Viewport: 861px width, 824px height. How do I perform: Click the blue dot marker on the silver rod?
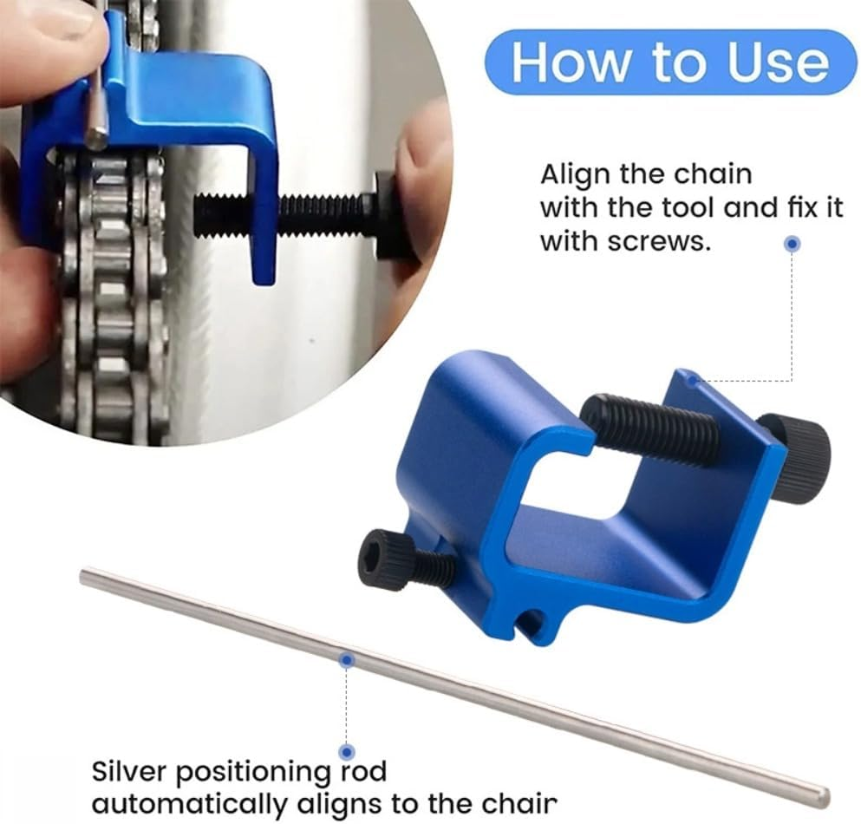(346, 661)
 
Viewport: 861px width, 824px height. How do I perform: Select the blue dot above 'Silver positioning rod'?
(346, 751)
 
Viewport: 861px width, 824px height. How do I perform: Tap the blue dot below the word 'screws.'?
(791, 245)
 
